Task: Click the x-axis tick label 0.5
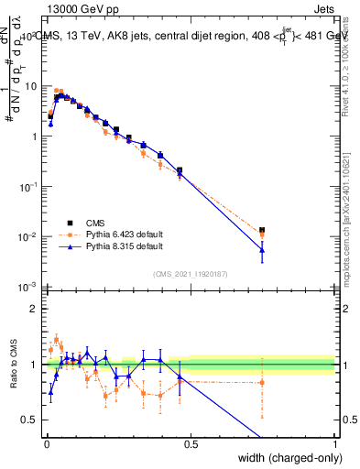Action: coord(190,443)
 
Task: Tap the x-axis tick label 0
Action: coord(46,443)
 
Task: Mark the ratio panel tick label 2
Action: coord(31,309)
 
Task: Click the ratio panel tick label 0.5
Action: coord(27,420)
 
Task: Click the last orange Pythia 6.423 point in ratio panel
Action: coord(262,382)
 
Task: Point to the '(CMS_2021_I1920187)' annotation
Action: coord(191,274)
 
